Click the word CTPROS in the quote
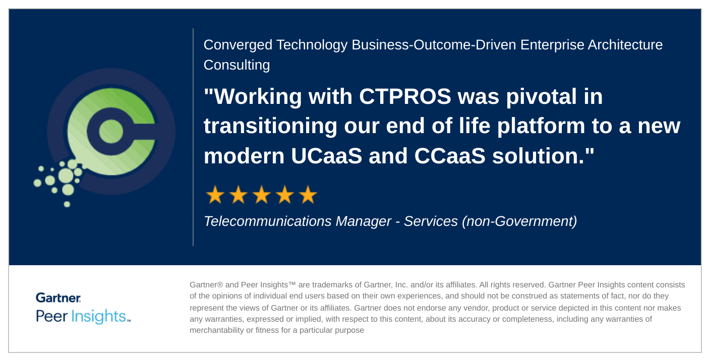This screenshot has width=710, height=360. [405, 96]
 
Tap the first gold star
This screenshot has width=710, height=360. [215, 195]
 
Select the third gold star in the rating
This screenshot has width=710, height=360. [262, 195]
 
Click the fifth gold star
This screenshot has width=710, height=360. [308, 195]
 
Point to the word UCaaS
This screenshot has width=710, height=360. [326, 156]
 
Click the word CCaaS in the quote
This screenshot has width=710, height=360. [450, 156]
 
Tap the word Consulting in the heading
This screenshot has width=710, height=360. [237, 65]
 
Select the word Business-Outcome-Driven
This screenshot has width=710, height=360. [434, 45]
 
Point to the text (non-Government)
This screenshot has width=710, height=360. [519, 221]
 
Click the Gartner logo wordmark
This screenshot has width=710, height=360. [58, 297]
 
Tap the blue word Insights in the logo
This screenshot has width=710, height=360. [98, 316]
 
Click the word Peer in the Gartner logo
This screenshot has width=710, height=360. [51, 316]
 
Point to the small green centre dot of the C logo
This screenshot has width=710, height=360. [111, 131]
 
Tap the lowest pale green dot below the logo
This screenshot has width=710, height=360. [67, 204]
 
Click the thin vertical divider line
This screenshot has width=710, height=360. [193, 137]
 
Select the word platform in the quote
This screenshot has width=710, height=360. [541, 126]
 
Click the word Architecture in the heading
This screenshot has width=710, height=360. [625, 45]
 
